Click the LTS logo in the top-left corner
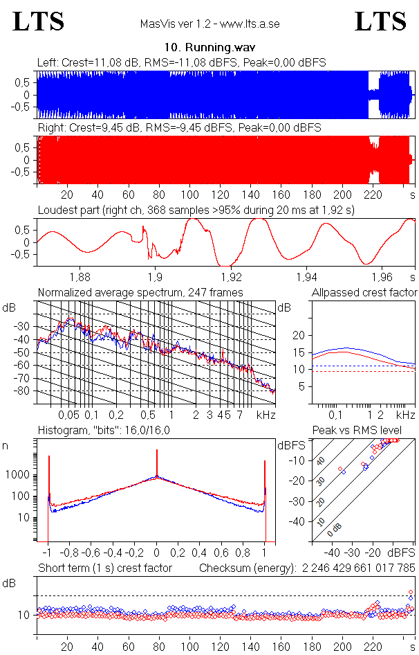(x=39, y=22)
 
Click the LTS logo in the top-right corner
(x=380, y=22)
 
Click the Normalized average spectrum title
(x=140, y=293)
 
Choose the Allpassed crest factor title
(x=364, y=293)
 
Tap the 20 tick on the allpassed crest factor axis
(x=299, y=335)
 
